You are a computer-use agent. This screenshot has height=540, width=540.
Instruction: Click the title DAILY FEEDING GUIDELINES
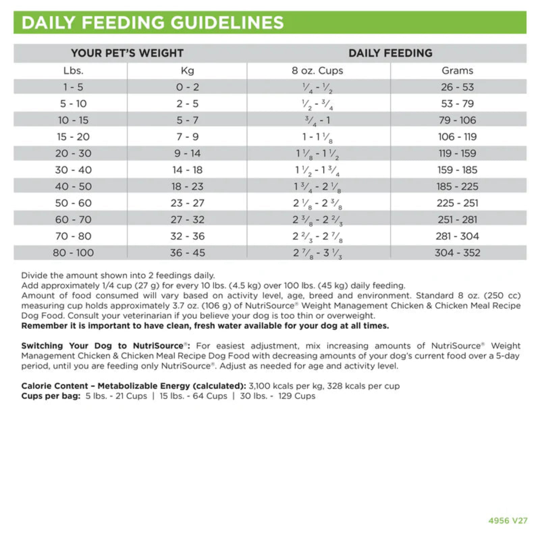(153, 23)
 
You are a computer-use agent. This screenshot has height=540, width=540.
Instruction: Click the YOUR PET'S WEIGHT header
(127, 53)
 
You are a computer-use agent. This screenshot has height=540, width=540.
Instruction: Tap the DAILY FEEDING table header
(390, 53)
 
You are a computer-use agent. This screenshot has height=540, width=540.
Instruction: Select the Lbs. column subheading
(73, 71)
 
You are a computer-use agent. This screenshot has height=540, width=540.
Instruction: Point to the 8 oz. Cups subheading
(317, 71)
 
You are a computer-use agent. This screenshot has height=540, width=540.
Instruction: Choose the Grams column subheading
(457, 71)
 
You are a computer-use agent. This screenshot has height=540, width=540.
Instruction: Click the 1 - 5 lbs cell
(73, 87)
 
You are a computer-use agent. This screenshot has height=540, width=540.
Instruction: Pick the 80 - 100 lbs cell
(73, 253)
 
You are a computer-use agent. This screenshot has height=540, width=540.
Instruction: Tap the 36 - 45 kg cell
(187, 253)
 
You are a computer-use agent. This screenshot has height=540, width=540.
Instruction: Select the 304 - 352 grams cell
(457, 253)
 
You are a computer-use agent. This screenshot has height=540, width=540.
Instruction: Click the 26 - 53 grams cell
(457, 87)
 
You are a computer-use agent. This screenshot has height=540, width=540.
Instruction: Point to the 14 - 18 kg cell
(187, 170)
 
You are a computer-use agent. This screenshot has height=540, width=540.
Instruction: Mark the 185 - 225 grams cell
(457, 186)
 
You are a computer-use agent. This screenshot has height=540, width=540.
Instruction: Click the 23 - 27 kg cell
(187, 203)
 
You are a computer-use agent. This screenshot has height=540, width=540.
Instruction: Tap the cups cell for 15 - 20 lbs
(317, 137)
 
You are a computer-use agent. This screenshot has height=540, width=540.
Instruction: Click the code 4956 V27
(508, 520)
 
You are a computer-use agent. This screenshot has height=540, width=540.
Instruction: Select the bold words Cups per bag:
(51, 396)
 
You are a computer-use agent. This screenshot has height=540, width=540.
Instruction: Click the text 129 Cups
(297, 396)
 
